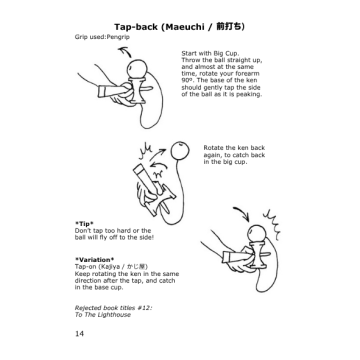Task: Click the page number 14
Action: click(79, 331)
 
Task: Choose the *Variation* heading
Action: click(97, 254)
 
